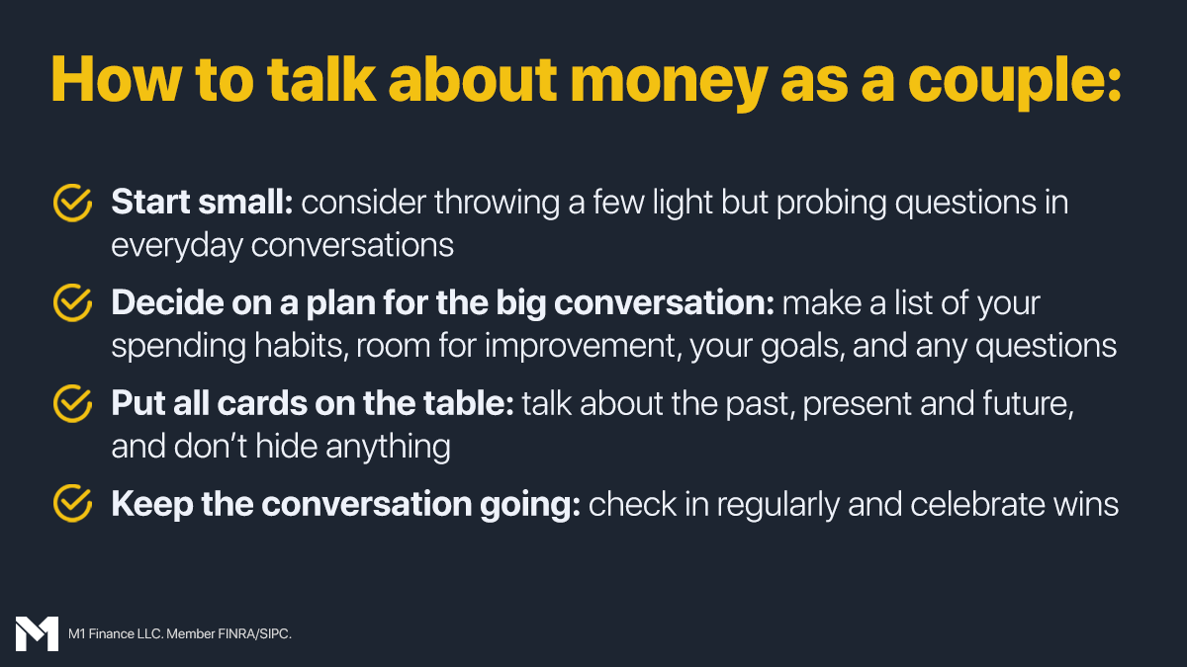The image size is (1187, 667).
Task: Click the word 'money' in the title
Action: [669, 84]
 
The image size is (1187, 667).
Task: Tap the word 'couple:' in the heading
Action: [1014, 84]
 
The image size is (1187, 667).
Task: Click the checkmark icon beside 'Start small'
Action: [72, 203]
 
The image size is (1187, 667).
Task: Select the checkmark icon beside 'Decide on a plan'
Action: [72, 302]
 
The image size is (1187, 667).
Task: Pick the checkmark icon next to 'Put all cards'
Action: [72, 403]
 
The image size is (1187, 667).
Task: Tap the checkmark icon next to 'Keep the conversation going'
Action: [72, 503]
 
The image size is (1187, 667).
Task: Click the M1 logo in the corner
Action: [37, 633]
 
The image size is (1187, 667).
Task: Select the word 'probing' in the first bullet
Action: [832, 204]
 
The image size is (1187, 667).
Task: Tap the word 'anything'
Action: [388, 448]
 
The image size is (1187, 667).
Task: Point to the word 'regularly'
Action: [778, 506]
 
